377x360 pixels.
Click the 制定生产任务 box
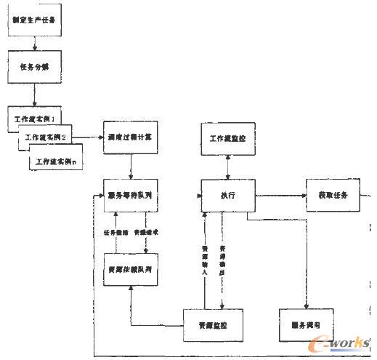pos(33,20)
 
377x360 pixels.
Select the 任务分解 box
pos(33,67)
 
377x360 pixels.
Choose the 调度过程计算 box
pos(130,136)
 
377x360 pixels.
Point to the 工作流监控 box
pos(227,139)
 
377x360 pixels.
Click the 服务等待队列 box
pos(130,195)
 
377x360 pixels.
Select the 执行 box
pos(227,196)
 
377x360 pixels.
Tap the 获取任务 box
pos(333,196)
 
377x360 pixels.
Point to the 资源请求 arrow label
pos(148,232)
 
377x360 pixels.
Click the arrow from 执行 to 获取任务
pos(280,195)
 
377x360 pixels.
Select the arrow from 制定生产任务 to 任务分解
pos(33,42)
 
